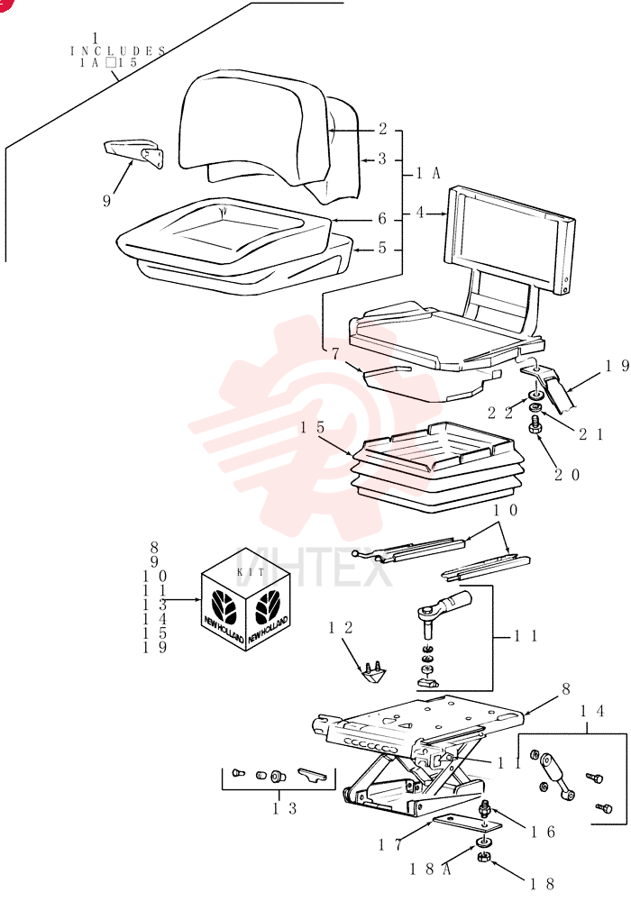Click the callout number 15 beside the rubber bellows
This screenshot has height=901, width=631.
click(x=312, y=427)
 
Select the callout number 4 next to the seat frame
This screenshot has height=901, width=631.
click(x=421, y=214)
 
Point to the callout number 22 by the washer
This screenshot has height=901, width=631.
click(x=499, y=413)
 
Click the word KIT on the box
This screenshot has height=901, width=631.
click(x=251, y=572)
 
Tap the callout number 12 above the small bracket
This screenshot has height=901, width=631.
click(x=340, y=627)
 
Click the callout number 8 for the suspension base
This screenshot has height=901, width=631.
click(x=565, y=689)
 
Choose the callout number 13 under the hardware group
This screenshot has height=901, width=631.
click(x=285, y=809)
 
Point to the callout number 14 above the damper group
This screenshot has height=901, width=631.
click(x=591, y=712)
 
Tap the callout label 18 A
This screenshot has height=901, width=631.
click(x=430, y=869)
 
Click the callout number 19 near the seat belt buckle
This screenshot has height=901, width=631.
click(x=617, y=366)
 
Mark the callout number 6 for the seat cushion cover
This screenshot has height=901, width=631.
click(x=382, y=219)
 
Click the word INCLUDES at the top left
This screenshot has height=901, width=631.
click(x=118, y=50)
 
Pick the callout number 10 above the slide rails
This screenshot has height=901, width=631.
click(x=506, y=510)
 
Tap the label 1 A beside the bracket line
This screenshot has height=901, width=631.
click(x=429, y=173)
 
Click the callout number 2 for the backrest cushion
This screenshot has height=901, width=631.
click(x=383, y=129)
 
